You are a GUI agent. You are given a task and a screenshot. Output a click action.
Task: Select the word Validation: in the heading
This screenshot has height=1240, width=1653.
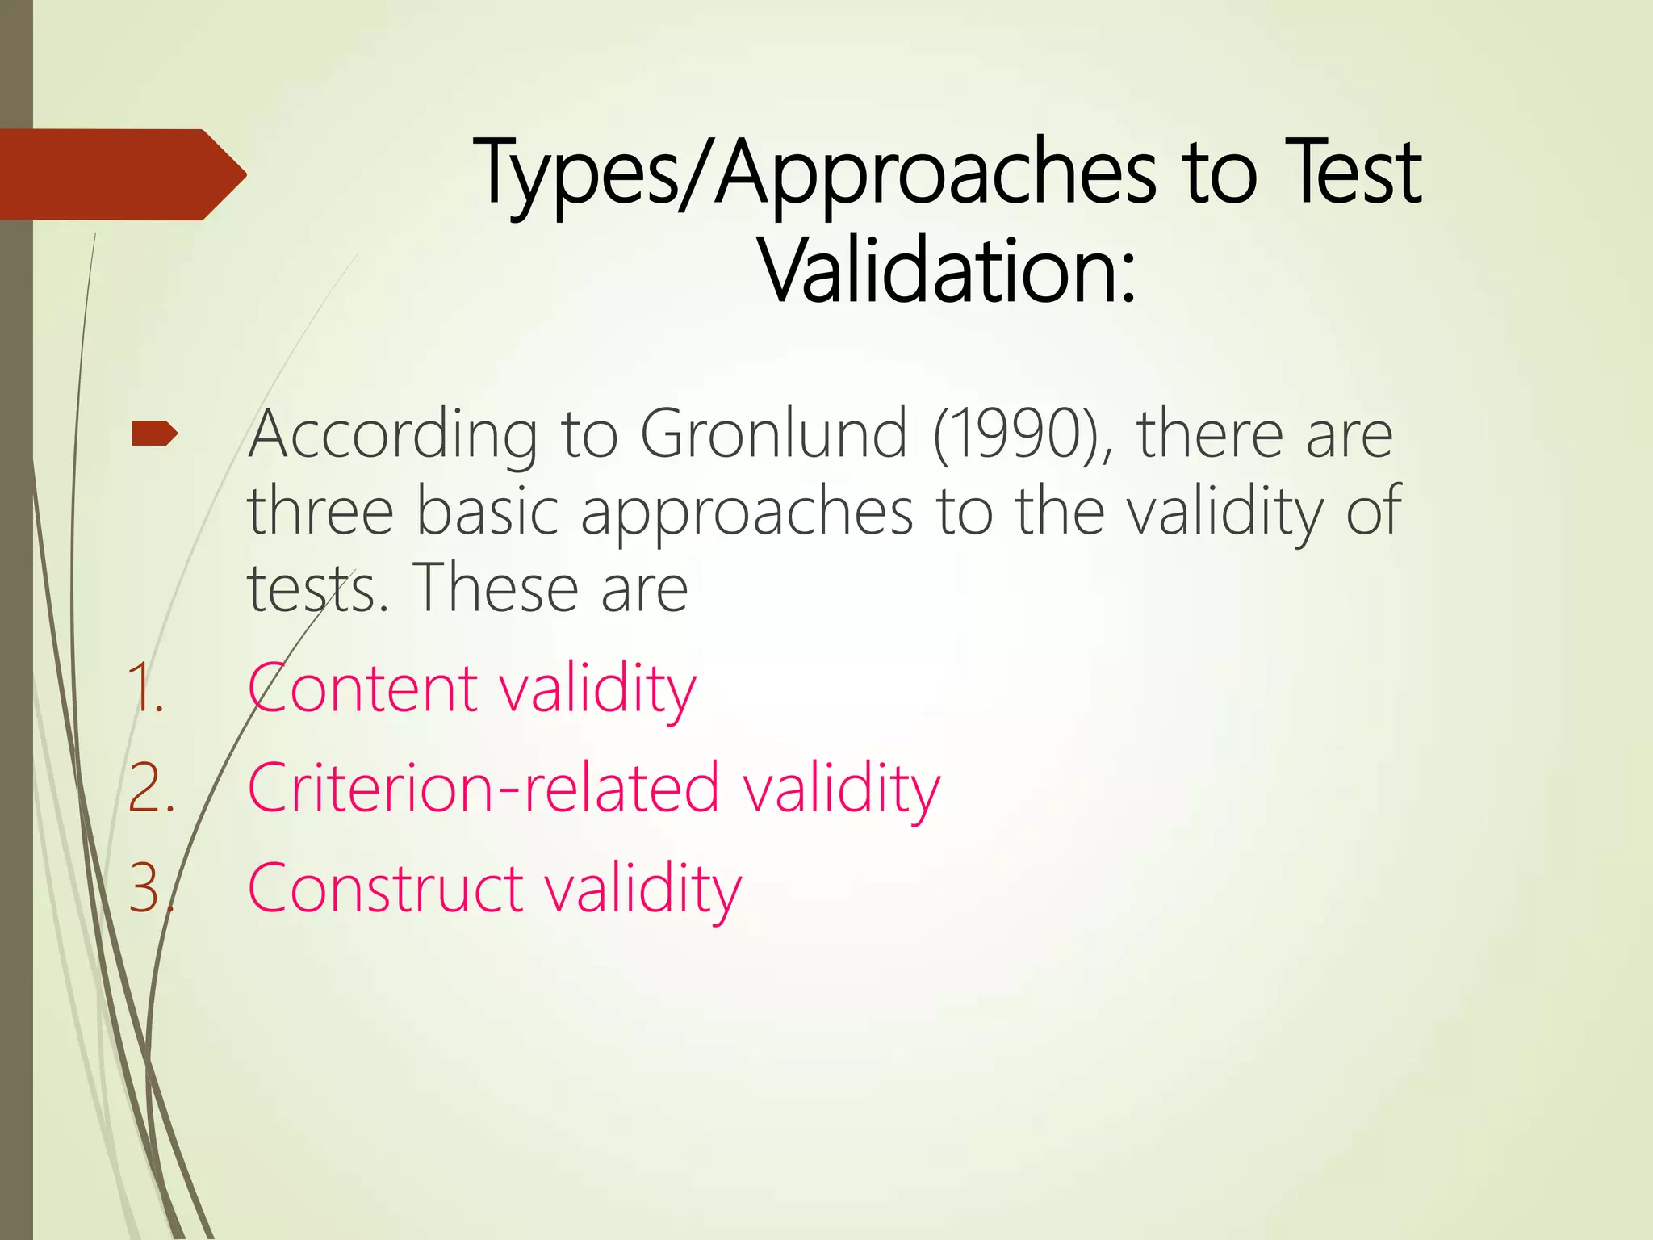coord(948,270)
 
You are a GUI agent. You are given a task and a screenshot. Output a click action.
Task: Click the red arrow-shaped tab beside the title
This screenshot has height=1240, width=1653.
coord(121,174)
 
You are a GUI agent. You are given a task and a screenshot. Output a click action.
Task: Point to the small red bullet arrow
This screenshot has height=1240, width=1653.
coord(154,434)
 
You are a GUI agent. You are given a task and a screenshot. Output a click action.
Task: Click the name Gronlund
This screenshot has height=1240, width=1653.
coord(774,434)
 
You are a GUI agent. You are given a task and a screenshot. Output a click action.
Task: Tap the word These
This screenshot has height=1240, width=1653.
coord(494,587)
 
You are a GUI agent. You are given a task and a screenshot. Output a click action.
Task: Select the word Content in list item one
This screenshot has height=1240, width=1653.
coord(362,689)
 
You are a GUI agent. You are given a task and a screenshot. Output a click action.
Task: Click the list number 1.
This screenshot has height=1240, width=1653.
coord(146,689)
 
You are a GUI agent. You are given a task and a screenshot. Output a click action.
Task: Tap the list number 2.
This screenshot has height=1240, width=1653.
coord(151,789)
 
